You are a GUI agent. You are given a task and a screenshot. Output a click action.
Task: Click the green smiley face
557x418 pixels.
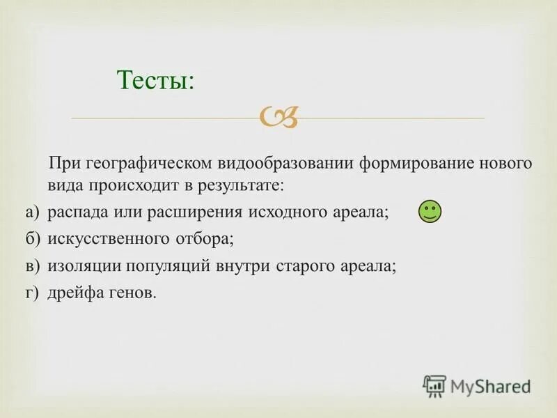[430, 211]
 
